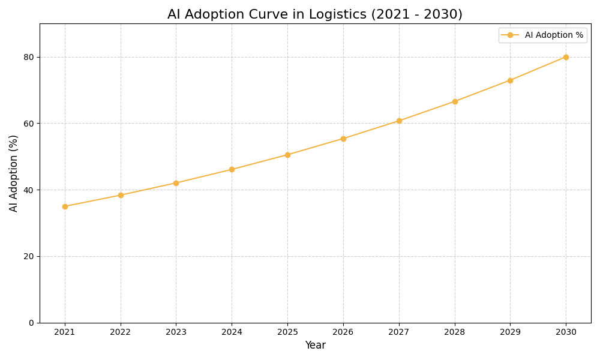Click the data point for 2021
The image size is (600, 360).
65,206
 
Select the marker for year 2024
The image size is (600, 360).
232,169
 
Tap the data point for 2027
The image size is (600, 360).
399,121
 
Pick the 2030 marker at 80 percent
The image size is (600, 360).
566,57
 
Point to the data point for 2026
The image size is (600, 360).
343,139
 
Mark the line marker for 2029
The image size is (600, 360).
510,80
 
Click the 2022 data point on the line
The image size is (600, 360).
121,195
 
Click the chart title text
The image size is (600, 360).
314,14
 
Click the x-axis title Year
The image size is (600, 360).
315,346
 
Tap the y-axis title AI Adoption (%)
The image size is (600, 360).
14,173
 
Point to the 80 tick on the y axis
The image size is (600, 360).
28,57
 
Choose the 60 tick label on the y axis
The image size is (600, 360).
28,124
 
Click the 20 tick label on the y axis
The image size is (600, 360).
28,256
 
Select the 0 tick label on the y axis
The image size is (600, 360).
31,323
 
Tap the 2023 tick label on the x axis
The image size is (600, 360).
176,332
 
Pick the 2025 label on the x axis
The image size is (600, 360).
287,332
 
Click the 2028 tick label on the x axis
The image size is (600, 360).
454,332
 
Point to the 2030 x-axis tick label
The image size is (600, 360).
566,332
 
